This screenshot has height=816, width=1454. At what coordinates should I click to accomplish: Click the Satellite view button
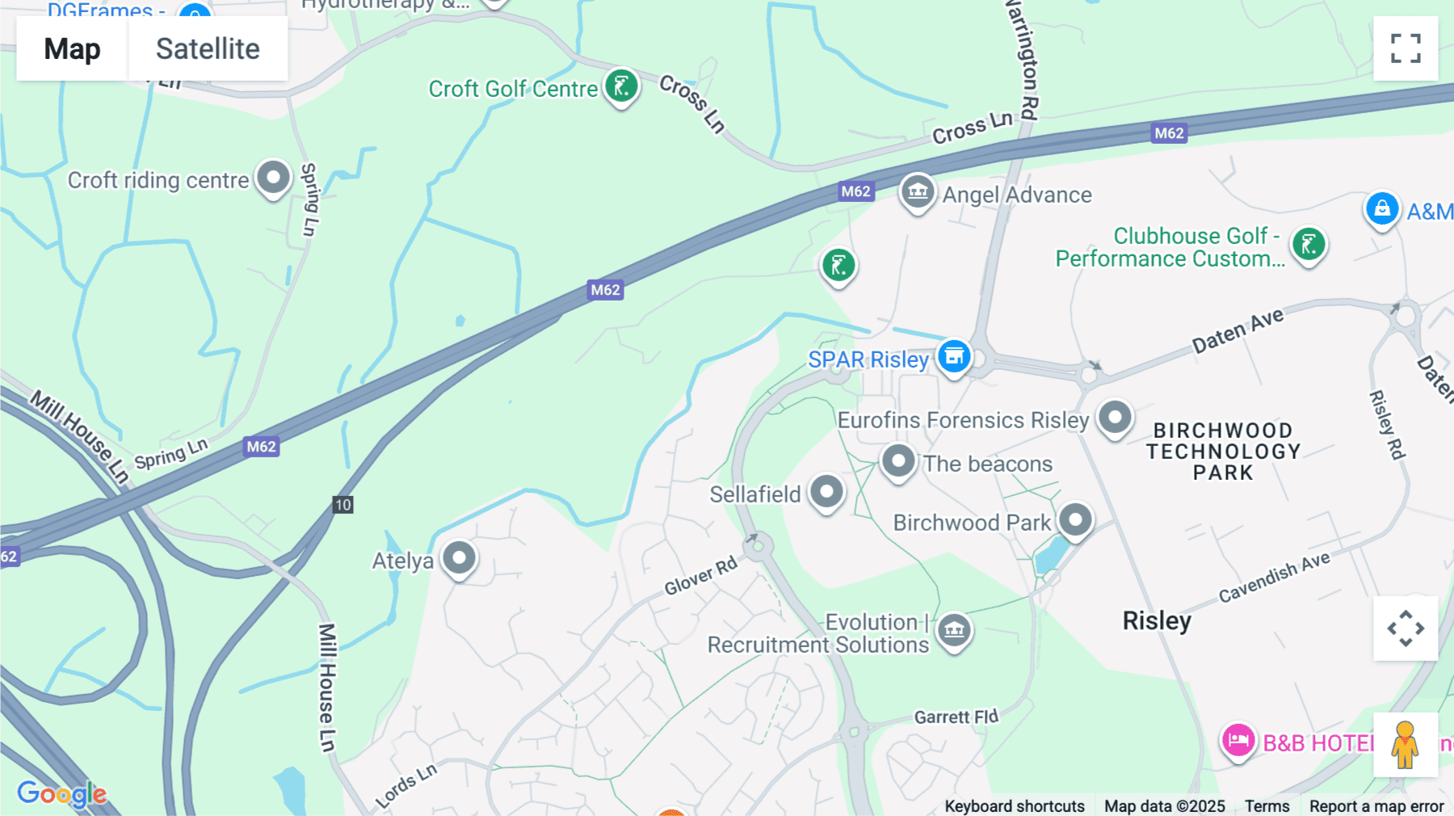[x=208, y=48]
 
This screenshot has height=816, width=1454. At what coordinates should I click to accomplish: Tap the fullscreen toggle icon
[x=1406, y=48]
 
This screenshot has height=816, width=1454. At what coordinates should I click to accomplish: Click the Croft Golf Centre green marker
[x=621, y=86]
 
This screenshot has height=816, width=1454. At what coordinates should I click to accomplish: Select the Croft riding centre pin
[x=273, y=177]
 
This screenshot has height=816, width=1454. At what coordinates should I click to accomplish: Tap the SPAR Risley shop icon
[x=954, y=355]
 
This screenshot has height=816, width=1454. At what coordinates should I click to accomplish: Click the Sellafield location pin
[x=826, y=491]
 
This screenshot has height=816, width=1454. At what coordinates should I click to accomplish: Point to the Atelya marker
[x=459, y=557]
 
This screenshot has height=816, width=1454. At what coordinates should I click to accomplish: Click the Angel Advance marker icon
[x=918, y=192]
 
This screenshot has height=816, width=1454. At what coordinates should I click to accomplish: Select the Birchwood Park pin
[x=1075, y=519]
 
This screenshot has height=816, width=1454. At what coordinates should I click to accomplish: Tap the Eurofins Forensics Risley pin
[x=1116, y=418]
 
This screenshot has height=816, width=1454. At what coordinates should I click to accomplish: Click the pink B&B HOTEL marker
[x=1238, y=740]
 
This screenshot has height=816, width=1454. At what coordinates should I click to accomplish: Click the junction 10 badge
[x=342, y=505]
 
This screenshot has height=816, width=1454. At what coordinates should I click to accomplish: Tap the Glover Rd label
[x=700, y=575]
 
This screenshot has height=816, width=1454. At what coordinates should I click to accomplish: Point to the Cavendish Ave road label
[x=1274, y=577]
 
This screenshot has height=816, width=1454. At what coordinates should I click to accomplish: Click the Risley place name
[x=1157, y=620]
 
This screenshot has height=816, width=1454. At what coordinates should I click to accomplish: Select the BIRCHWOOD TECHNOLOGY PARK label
[x=1223, y=452]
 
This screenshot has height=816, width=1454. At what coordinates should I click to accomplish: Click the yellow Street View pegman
[x=1405, y=745]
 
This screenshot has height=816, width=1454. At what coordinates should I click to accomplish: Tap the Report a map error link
[x=1376, y=805]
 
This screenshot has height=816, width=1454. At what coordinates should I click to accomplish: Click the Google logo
[x=62, y=793]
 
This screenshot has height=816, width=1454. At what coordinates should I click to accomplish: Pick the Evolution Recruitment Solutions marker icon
[x=954, y=629]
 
